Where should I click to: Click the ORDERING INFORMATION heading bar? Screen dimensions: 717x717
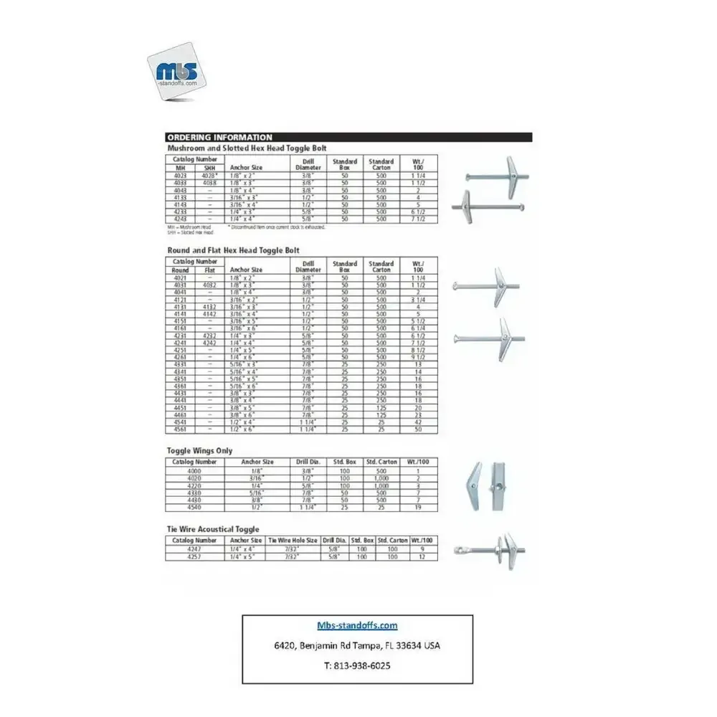[348, 136]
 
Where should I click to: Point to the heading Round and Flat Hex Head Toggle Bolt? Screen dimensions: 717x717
[233, 250]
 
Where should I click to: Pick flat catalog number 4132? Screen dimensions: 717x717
[210, 306]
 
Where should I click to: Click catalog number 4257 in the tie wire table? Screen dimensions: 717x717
[191, 556]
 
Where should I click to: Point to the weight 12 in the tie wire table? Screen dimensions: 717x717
[422, 556]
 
